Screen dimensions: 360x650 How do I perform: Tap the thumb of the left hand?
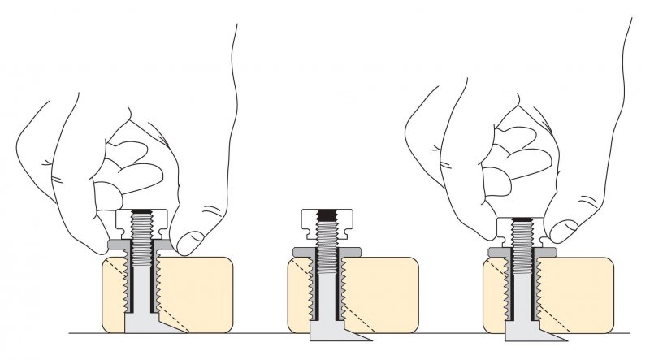[x=193, y=240]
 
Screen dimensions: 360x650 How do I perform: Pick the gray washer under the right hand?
[x=495, y=251]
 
